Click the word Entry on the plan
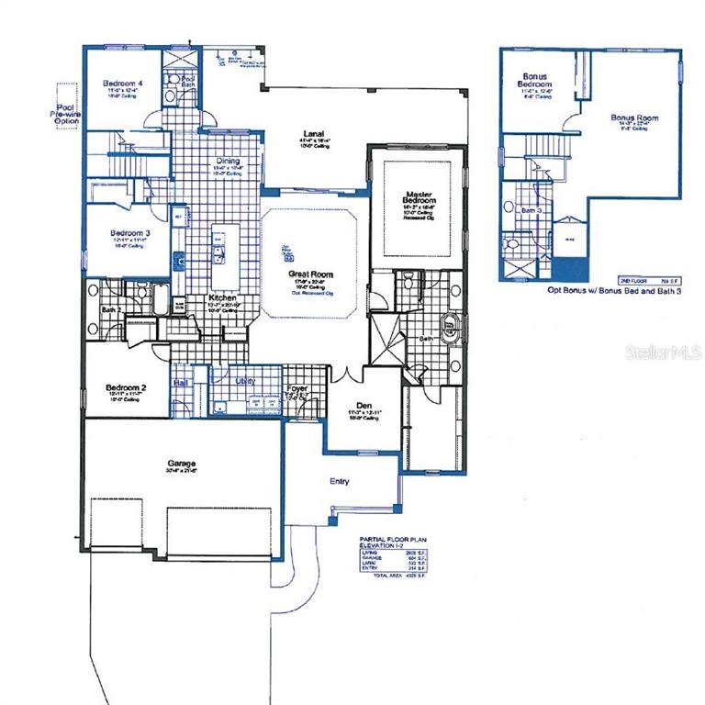pos(340,481)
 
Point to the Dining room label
pos(226,157)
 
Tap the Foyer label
pos(297,388)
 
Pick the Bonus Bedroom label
pos(536,80)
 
